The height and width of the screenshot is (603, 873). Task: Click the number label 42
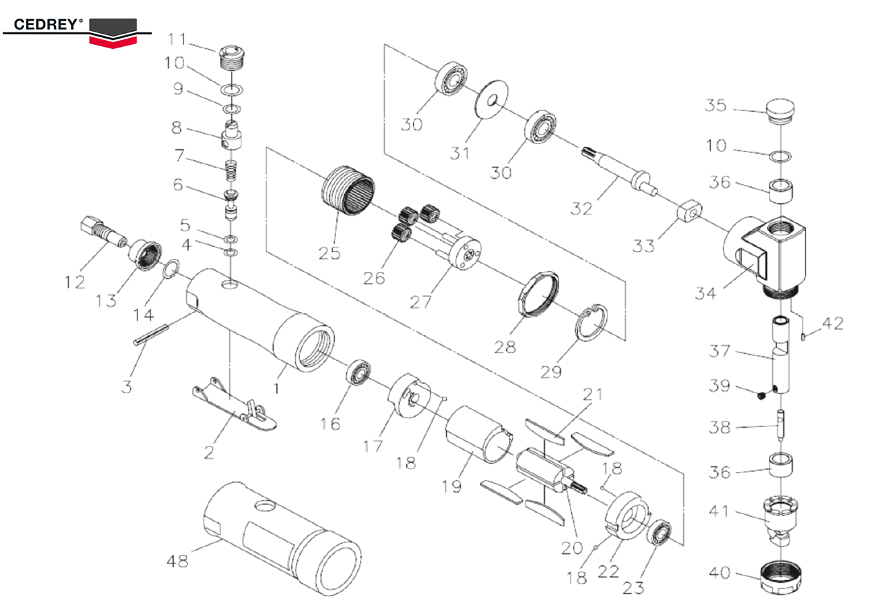point(832,323)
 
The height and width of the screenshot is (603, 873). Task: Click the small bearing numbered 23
point(661,533)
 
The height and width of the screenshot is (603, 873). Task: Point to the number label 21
point(593,395)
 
